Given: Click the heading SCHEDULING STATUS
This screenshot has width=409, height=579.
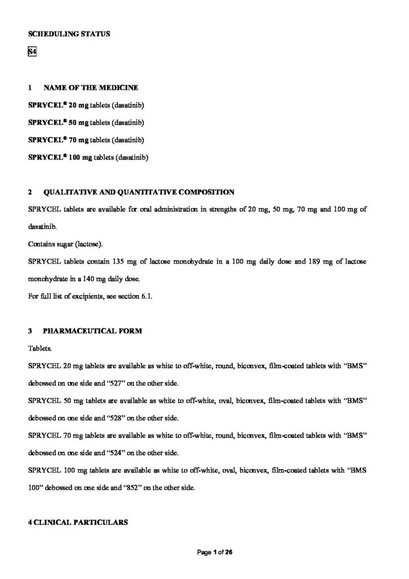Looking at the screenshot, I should point(69,34).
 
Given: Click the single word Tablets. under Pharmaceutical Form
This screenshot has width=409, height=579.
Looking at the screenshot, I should point(40,349).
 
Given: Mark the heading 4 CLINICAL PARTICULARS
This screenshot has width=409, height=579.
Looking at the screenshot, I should point(78,523).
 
